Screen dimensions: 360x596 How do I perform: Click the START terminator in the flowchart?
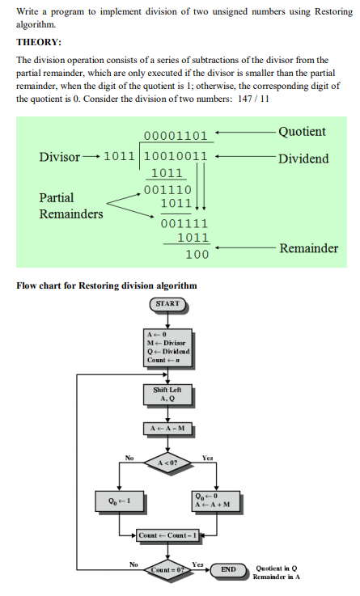tap(167, 304)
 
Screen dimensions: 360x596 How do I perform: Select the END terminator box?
tap(228, 569)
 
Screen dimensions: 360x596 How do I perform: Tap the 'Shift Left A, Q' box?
tap(167, 394)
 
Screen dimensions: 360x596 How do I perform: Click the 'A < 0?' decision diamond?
tap(167, 463)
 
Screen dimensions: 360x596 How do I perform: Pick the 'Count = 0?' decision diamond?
tap(167, 570)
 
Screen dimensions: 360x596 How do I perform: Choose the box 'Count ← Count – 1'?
tap(167, 535)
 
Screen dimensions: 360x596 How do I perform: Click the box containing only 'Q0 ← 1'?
tap(120, 501)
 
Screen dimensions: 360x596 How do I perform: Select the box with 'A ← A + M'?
tap(216, 501)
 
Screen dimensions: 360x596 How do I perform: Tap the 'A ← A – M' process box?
tap(167, 429)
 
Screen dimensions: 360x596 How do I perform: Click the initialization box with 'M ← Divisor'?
tap(167, 348)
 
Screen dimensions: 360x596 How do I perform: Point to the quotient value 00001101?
tap(176, 136)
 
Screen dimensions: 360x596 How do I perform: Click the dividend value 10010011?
tap(176, 156)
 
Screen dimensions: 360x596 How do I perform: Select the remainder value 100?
tap(197, 254)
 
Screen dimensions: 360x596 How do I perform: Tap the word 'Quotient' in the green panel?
tap(302, 132)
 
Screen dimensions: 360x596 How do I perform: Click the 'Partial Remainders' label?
tap(71, 205)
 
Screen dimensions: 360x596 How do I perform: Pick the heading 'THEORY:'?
tap(39, 42)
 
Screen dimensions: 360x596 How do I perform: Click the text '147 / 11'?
tap(253, 99)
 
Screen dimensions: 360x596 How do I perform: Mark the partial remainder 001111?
tap(184, 223)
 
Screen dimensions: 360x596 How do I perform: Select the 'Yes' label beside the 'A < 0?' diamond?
tap(208, 458)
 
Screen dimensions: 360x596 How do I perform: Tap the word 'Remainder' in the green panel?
tap(309, 248)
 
